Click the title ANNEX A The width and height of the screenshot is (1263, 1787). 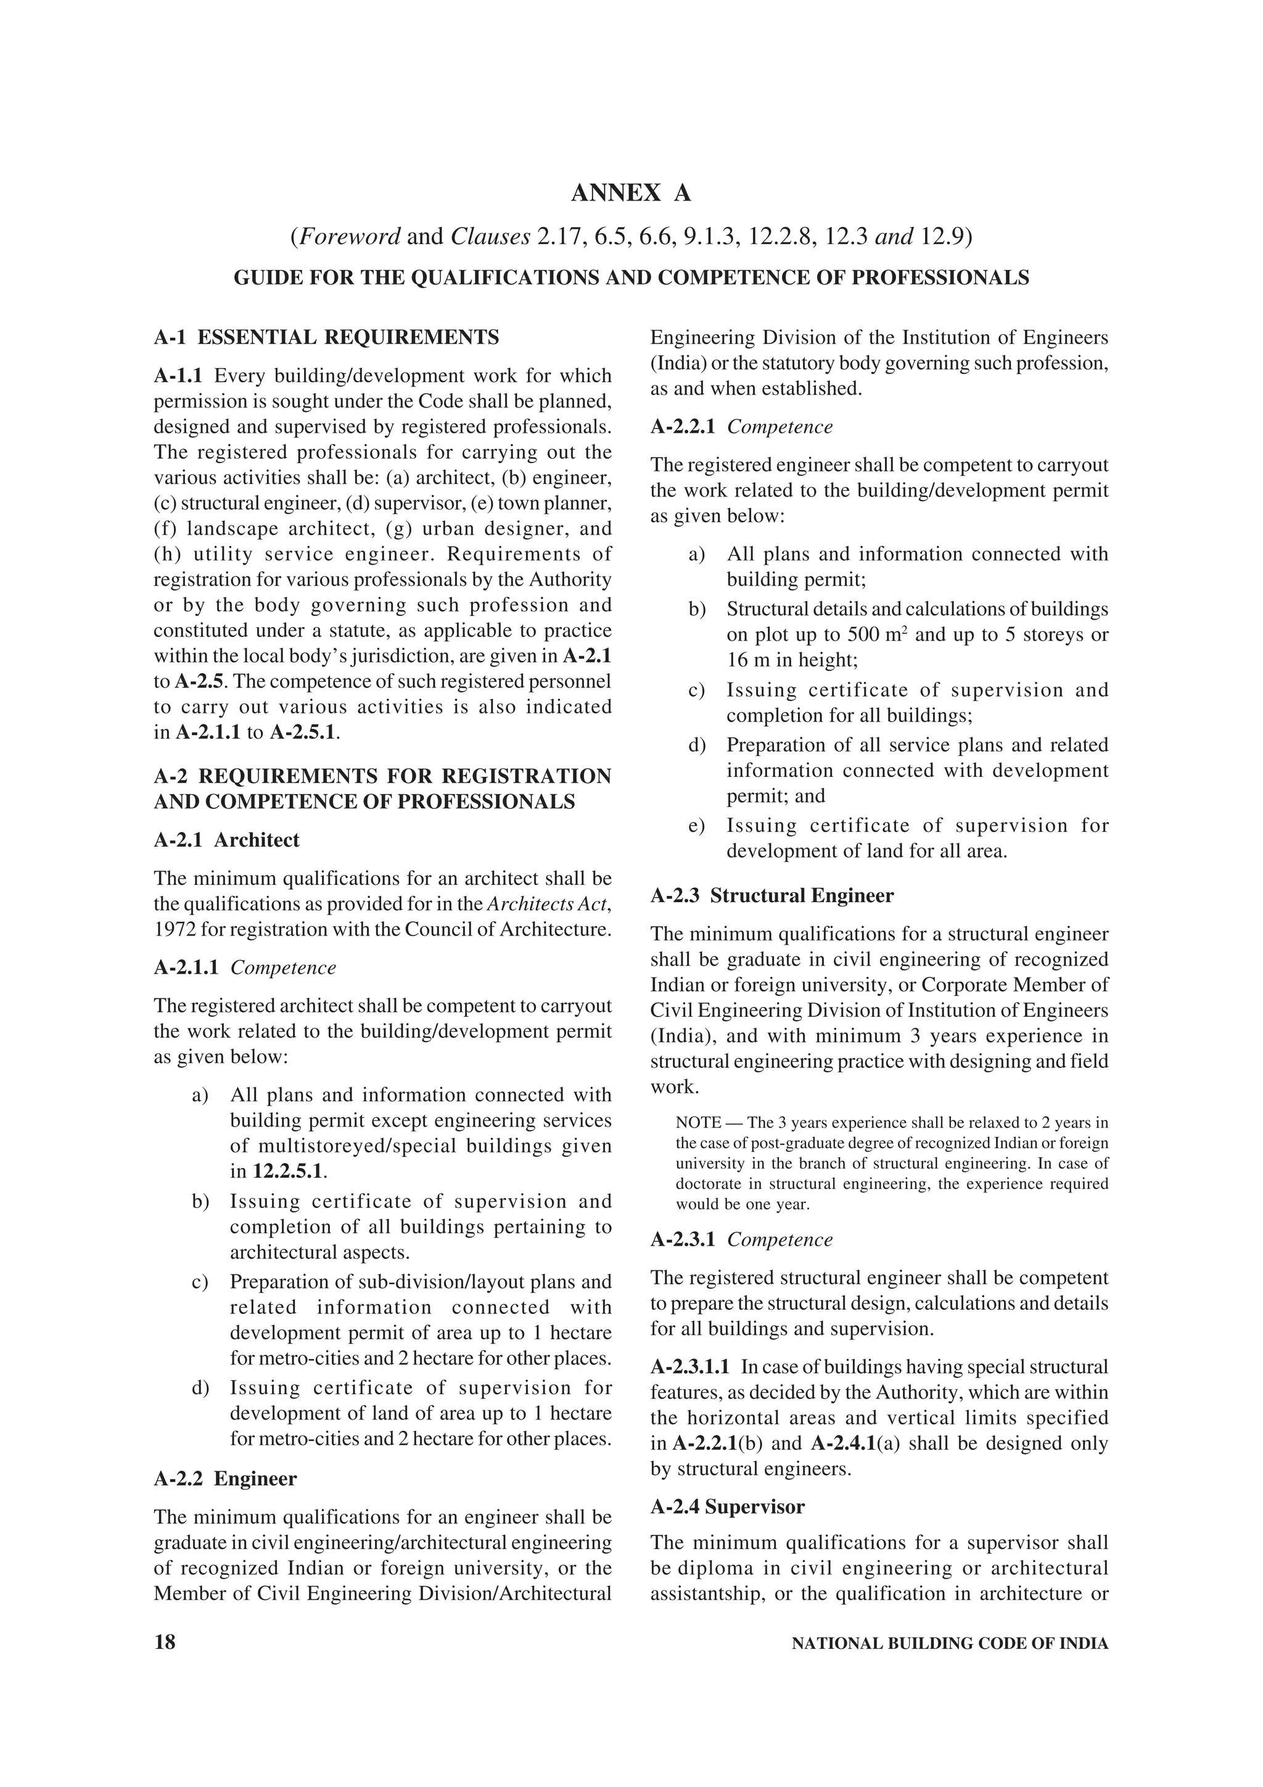tap(630, 193)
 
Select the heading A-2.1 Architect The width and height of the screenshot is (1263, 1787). tap(226, 840)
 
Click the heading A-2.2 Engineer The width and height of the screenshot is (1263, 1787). tap(225, 1478)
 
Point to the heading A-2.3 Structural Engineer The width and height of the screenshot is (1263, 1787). tap(772, 895)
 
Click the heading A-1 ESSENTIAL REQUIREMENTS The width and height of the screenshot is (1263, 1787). tap(326, 337)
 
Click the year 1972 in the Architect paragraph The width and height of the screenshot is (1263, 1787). tap(169, 929)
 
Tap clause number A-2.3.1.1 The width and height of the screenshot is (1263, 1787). tap(689, 1366)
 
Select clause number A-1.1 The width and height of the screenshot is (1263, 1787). tap(178, 376)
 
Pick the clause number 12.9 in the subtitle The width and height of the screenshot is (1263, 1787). tap(942, 237)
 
